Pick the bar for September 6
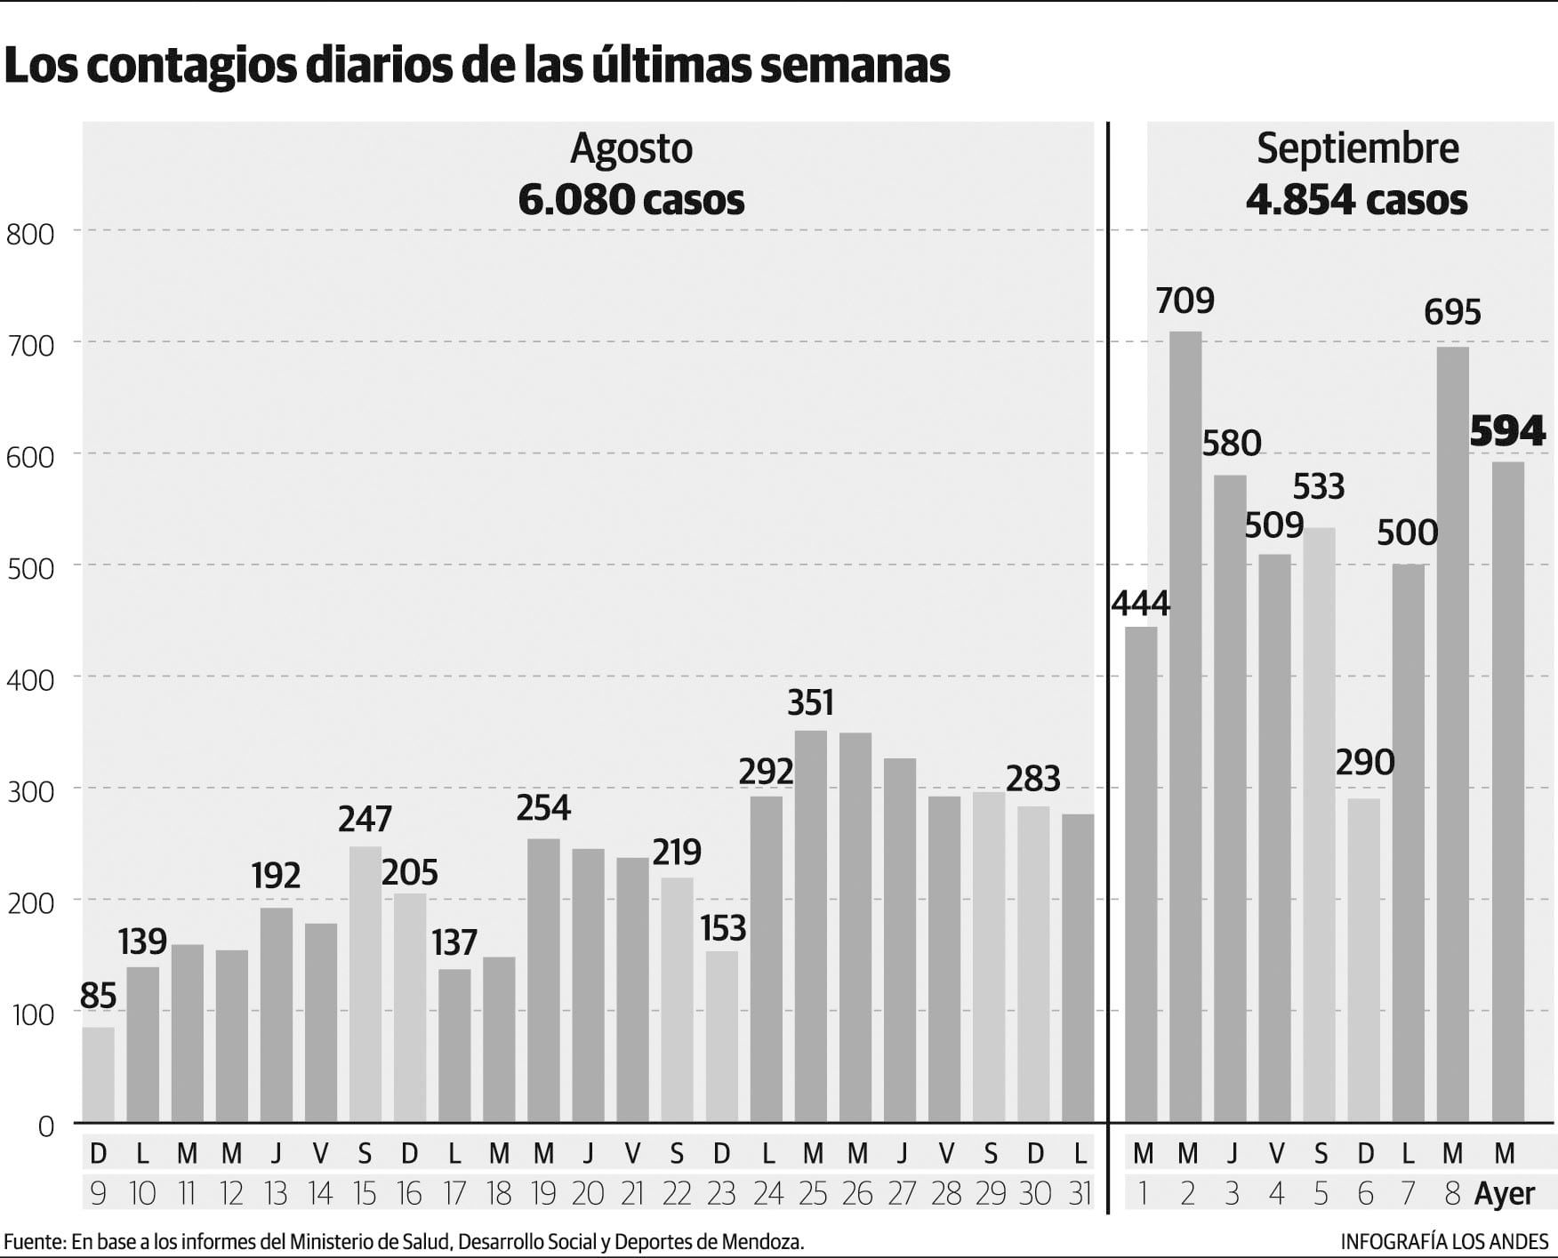coord(1364,959)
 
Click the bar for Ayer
coord(1507,791)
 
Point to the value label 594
coord(1507,431)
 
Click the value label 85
coord(98,996)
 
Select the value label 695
coord(1452,312)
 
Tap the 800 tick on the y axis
coord(30,234)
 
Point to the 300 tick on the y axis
coord(30,791)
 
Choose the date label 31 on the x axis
coord(1079,1193)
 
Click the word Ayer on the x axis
coord(1505,1194)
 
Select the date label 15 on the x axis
coord(365,1193)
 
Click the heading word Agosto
coord(631,148)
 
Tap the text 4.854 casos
coord(1356,200)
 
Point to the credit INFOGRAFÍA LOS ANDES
coord(1444,1241)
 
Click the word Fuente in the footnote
coord(33,1241)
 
